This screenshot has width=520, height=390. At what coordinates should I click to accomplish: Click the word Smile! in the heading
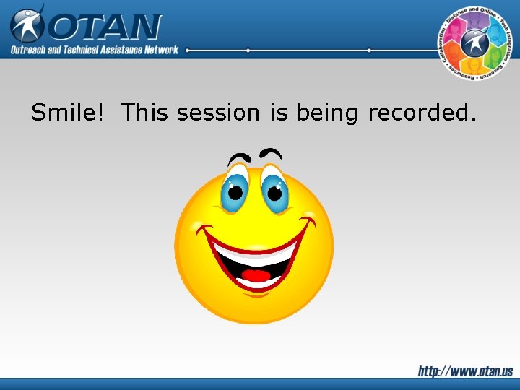[71, 113]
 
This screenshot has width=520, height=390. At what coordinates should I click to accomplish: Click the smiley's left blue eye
[235, 188]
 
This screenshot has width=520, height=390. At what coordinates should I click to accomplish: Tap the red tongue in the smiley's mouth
[255, 275]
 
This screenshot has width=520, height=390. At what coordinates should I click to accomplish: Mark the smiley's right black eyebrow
[271, 153]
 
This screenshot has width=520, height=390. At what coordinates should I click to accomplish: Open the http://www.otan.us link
[465, 371]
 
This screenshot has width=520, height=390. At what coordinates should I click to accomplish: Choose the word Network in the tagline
[160, 50]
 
